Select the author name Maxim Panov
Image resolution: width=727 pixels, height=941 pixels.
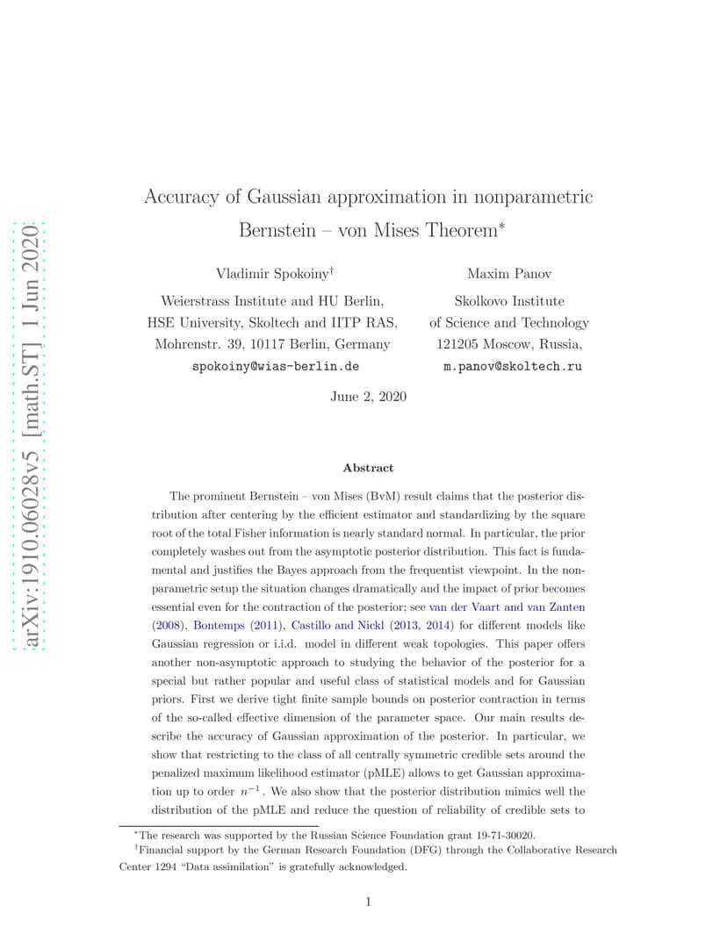click(508, 275)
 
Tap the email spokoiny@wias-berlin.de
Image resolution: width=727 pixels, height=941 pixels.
click(275, 367)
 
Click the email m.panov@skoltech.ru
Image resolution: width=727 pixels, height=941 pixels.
click(512, 367)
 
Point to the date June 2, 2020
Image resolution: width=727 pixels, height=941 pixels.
click(368, 397)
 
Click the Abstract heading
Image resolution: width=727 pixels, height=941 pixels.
click(368, 468)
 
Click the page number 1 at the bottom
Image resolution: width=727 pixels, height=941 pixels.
click(368, 901)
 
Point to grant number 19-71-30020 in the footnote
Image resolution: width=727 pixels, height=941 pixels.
click(504, 836)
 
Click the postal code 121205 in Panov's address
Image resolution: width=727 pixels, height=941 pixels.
click(457, 344)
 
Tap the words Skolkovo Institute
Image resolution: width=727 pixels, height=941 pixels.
click(509, 300)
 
